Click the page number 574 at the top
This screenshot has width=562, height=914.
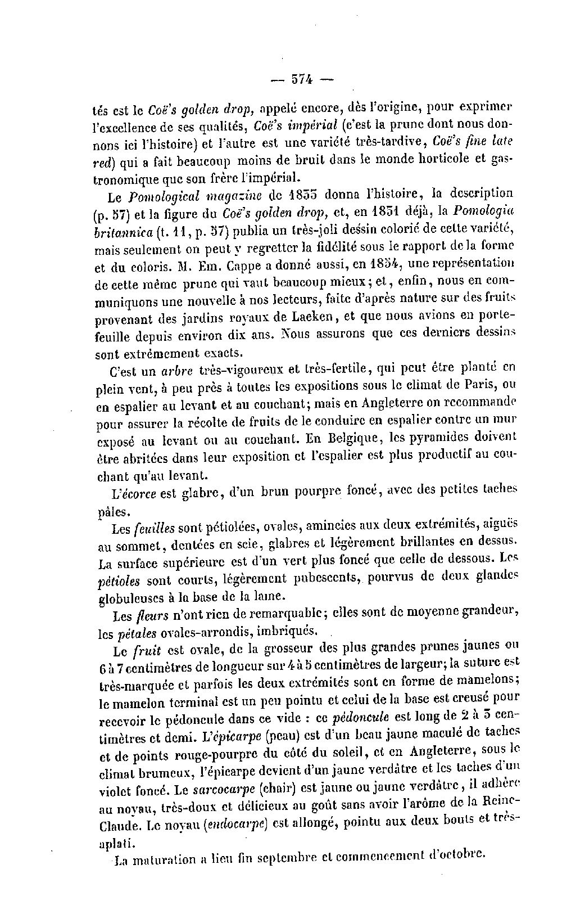tap(302, 79)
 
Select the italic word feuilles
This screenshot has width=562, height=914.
tap(155, 529)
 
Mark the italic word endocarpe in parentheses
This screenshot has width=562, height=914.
tap(236, 825)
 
